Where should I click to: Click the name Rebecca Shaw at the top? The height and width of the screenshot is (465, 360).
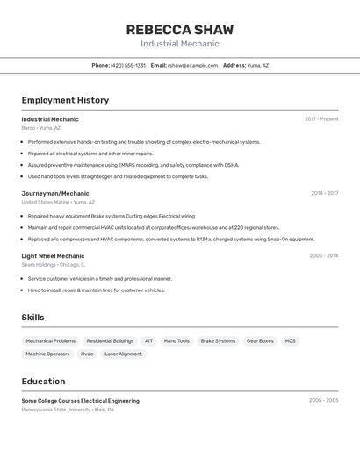(179, 29)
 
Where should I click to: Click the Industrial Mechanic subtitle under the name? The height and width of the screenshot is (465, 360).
(179, 44)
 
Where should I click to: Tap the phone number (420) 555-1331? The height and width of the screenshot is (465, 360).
(128, 65)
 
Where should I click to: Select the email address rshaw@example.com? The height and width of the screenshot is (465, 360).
(192, 65)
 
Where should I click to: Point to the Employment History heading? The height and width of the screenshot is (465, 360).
(65, 100)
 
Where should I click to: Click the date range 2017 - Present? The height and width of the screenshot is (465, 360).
(321, 118)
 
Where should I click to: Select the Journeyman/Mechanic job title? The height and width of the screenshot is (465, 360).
(55, 193)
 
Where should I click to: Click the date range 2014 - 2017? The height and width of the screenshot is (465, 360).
(324, 193)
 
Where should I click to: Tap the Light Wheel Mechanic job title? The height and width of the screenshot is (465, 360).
(53, 256)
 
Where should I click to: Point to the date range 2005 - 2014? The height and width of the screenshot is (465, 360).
(323, 256)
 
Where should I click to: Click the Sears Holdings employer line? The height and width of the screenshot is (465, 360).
(53, 264)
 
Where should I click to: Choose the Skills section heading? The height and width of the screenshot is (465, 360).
(32, 318)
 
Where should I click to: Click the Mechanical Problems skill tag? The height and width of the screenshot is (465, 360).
(50, 340)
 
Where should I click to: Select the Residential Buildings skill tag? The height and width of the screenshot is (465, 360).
(110, 340)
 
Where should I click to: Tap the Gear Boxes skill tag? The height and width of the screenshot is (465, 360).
(260, 340)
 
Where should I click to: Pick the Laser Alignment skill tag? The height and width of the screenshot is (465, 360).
(123, 354)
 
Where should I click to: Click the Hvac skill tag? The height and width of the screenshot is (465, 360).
(87, 354)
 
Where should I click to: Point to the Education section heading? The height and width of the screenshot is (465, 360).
(43, 382)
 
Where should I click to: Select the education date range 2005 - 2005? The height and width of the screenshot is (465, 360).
(323, 400)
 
